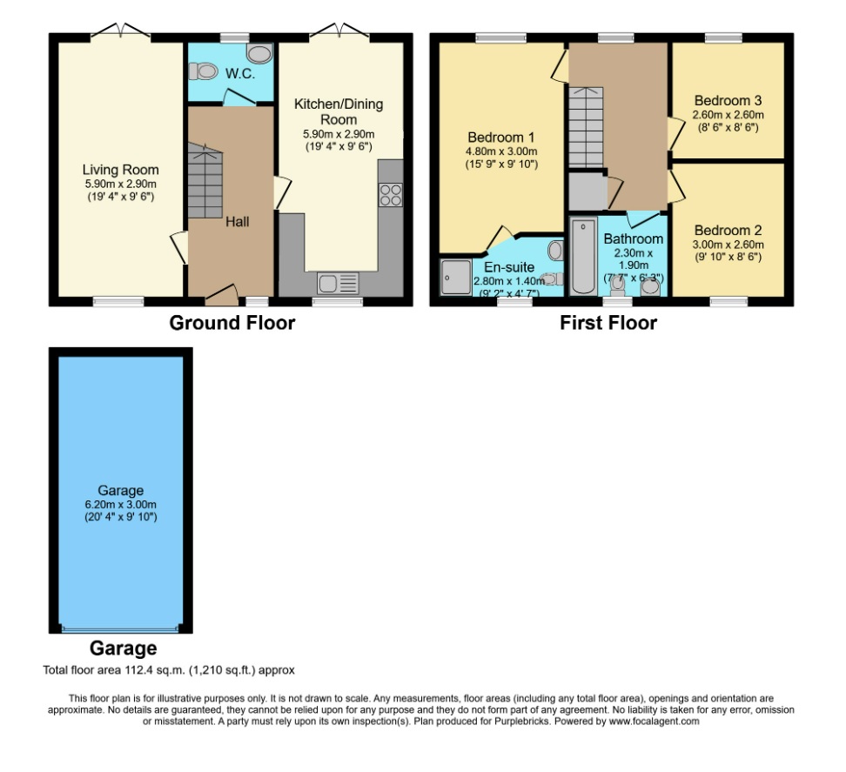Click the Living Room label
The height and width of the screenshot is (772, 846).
click(x=120, y=169)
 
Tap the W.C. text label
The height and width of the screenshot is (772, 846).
click(x=240, y=74)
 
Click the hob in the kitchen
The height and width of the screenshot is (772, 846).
click(x=391, y=195)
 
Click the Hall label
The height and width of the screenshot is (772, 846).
click(x=237, y=222)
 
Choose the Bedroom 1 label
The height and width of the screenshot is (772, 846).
click(x=500, y=138)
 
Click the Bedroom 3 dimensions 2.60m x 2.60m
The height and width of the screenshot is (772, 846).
click(x=728, y=114)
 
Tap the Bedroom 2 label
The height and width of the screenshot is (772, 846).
click(x=728, y=231)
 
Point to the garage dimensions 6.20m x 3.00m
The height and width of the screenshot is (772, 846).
click(x=120, y=504)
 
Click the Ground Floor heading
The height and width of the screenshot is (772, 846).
click(x=232, y=324)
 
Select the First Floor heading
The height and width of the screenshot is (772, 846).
click(x=608, y=324)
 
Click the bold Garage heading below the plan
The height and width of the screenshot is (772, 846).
click(x=123, y=648)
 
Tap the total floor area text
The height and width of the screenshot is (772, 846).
click(x=170, y=670)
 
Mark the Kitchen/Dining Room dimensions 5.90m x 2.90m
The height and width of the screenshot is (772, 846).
click(x=338, y=134)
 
